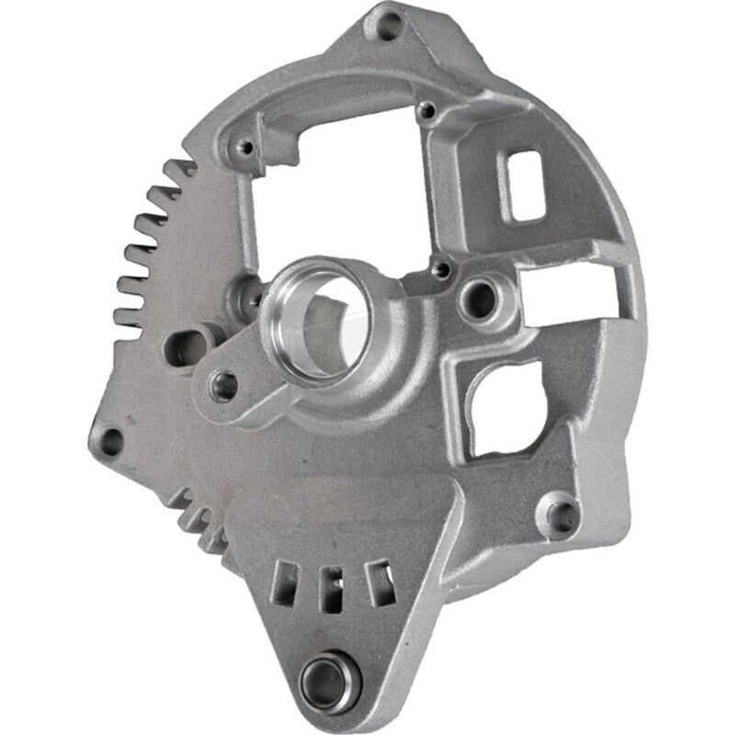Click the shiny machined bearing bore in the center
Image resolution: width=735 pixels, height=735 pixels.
click(x=317, y=317)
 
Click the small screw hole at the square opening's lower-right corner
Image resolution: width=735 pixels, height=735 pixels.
click(x=444, y=269)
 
